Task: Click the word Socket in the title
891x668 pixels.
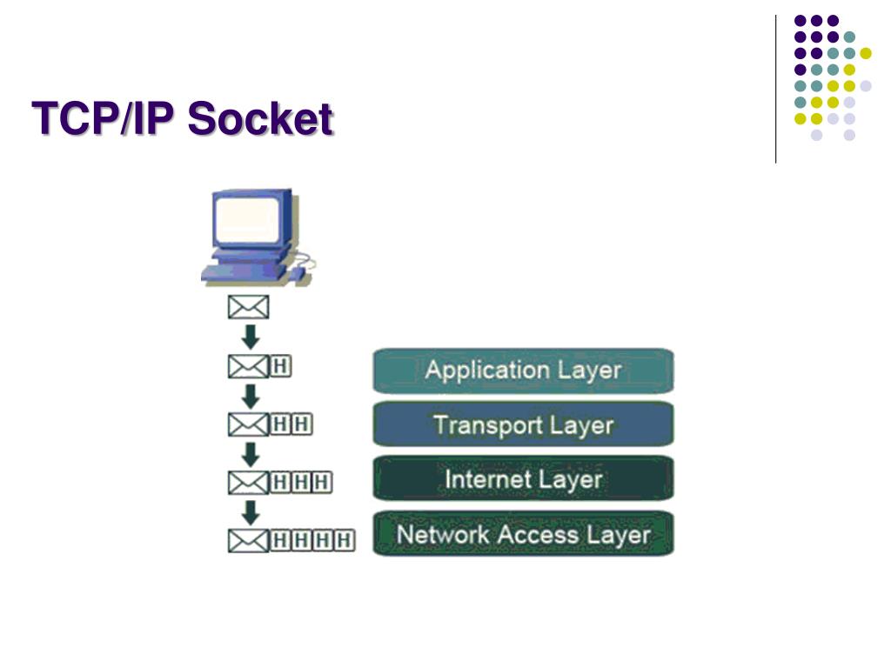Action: coord(260,119)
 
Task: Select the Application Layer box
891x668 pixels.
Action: coord(523,371)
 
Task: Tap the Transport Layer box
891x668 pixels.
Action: coord(523,425)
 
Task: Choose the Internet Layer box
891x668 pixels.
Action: coord(523,479)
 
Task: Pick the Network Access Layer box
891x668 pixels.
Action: coord(523,534)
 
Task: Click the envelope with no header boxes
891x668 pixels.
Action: coord(249,307)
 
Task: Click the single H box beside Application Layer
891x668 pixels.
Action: coord(281,367)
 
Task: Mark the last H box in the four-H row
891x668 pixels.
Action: coord(344,540)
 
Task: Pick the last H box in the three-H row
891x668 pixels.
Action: coord(322,482)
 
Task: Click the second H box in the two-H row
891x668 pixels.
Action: coord(301,424)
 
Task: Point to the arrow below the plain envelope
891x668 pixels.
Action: coord(250,337)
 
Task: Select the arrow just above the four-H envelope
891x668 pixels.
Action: coord(250,511)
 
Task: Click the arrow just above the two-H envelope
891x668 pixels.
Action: coord(250,396)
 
